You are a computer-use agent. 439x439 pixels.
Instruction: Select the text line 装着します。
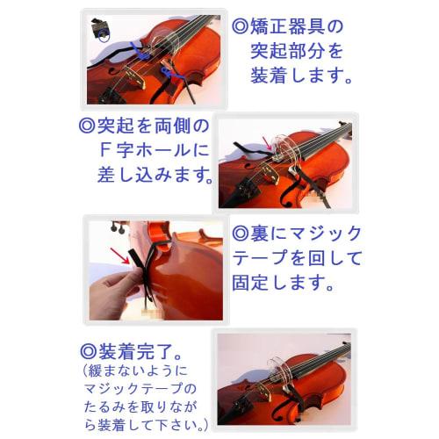point(301,77)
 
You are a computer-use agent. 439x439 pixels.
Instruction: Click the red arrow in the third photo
point(117,255)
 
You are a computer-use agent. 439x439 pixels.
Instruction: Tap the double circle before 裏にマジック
point(241,234)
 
